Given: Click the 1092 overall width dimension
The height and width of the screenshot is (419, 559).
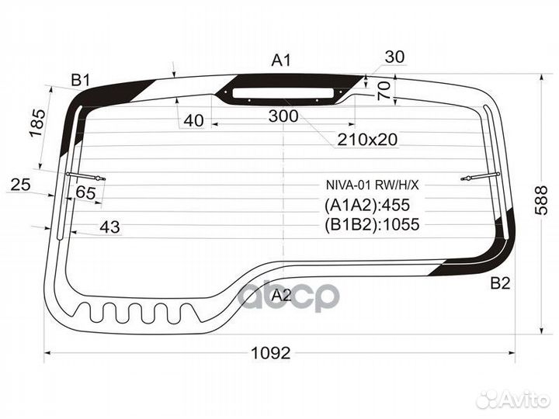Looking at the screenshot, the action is click(x=271, y=353).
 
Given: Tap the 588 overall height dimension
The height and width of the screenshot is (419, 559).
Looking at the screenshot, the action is click(x=541, y=200).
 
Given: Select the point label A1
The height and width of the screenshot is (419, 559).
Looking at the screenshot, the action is click(x=281, y=61).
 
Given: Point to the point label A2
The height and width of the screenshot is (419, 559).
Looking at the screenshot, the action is click(x=282, y=295).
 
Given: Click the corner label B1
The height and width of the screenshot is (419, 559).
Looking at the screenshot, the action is click(x=81, y=80).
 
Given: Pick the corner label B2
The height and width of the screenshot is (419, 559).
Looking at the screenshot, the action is click(x=501, y=283).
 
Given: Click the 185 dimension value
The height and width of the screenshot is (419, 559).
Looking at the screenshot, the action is click(x=38, y=123).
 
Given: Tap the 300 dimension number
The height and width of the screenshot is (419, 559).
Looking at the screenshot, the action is click(x=283, y=116).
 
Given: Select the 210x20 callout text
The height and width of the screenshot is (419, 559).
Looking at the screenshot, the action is click(x=367, y=140).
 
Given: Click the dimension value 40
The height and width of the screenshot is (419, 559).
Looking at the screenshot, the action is click(x=194, y=121).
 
